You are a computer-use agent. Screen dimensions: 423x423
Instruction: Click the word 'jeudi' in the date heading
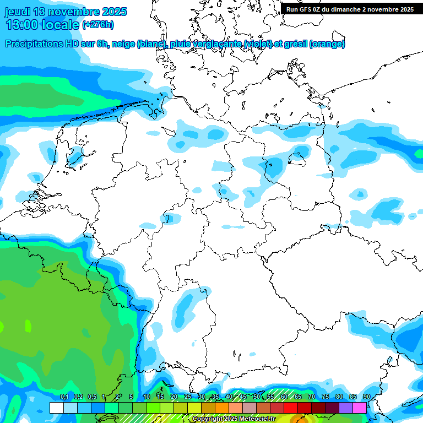pyautogui.click(x=19, y=12)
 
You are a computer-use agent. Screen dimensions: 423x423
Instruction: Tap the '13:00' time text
pyautogui.click(x=21, y=25)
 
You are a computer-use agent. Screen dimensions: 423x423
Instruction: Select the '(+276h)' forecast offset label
pyautogui.click(x=98, y=25)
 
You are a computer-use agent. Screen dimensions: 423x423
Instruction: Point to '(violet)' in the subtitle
pyautogui.click(x=262, y=44)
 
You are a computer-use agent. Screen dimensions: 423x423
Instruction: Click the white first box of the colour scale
pyautogui.click(x=56, y=408)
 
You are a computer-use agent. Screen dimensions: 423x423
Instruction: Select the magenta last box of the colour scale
pyautogui.click(x=360, y=408)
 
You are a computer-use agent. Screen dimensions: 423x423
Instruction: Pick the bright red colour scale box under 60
pyautogui.click(x=291, y=408)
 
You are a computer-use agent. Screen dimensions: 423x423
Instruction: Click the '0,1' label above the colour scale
pyautogui.click(x=64, y=397)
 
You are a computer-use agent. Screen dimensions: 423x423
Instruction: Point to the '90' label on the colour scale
pyautogui.click(x=366, y=397)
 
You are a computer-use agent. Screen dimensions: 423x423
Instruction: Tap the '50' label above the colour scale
pyautogui.click(x=256, y=397)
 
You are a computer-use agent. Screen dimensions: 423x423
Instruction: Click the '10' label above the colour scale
pyautogui.click(x=147, y=397)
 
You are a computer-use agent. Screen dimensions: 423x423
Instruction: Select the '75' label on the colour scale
pyautogui.click(x=325, y=397)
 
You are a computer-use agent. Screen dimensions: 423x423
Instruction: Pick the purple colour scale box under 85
pyautogui.click(x=346, y=408)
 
